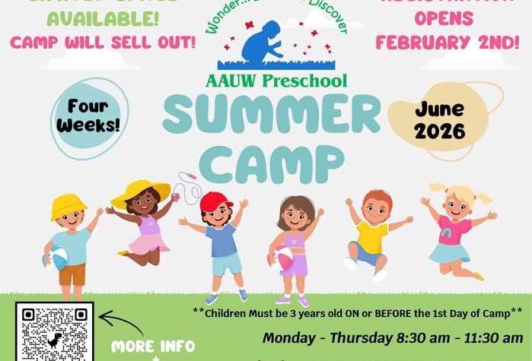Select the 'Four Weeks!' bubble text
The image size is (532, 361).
[x=93, y=114]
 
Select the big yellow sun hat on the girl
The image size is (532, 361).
[x=141, y=192]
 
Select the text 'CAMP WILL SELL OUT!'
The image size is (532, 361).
[x=102, y=43]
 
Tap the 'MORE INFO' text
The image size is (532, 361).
[x=153, y=347]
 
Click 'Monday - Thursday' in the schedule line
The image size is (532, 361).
[x=327, y=337]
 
